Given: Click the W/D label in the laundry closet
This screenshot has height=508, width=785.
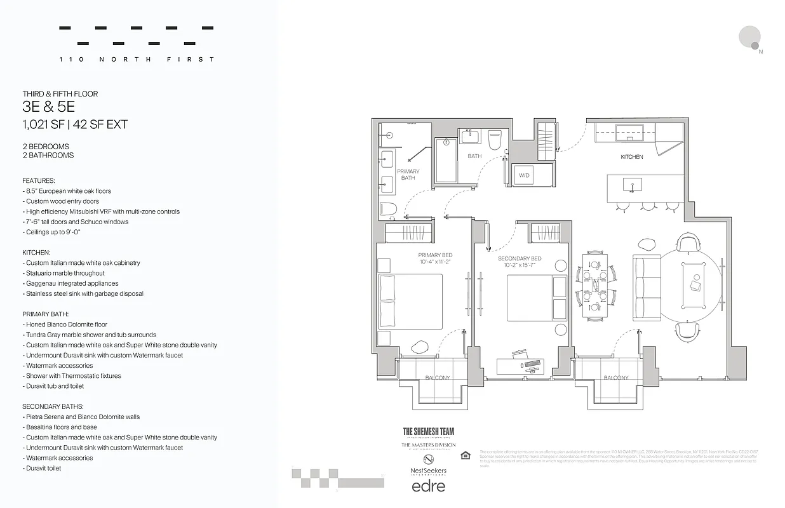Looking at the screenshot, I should [524, 175].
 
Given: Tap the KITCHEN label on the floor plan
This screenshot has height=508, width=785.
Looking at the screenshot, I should [631, 157].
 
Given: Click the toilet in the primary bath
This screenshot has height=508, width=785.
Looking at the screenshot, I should [388, 208].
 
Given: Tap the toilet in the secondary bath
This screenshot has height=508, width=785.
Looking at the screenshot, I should [495, 138].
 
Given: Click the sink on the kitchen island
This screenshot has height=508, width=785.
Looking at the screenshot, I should [633, 185].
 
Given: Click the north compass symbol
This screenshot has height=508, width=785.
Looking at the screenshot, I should [751, 37].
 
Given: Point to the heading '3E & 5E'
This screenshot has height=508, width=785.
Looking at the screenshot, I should [48, 108].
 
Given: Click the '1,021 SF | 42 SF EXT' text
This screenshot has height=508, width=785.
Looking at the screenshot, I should [75, 124].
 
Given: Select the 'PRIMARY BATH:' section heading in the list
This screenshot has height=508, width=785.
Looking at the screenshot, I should [45, 314].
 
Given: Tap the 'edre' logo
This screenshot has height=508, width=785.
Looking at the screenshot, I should [429, 486].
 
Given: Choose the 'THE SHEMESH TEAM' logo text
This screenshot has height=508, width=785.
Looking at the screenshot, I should [429, 431].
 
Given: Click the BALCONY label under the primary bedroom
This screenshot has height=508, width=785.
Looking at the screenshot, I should [437, 378].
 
